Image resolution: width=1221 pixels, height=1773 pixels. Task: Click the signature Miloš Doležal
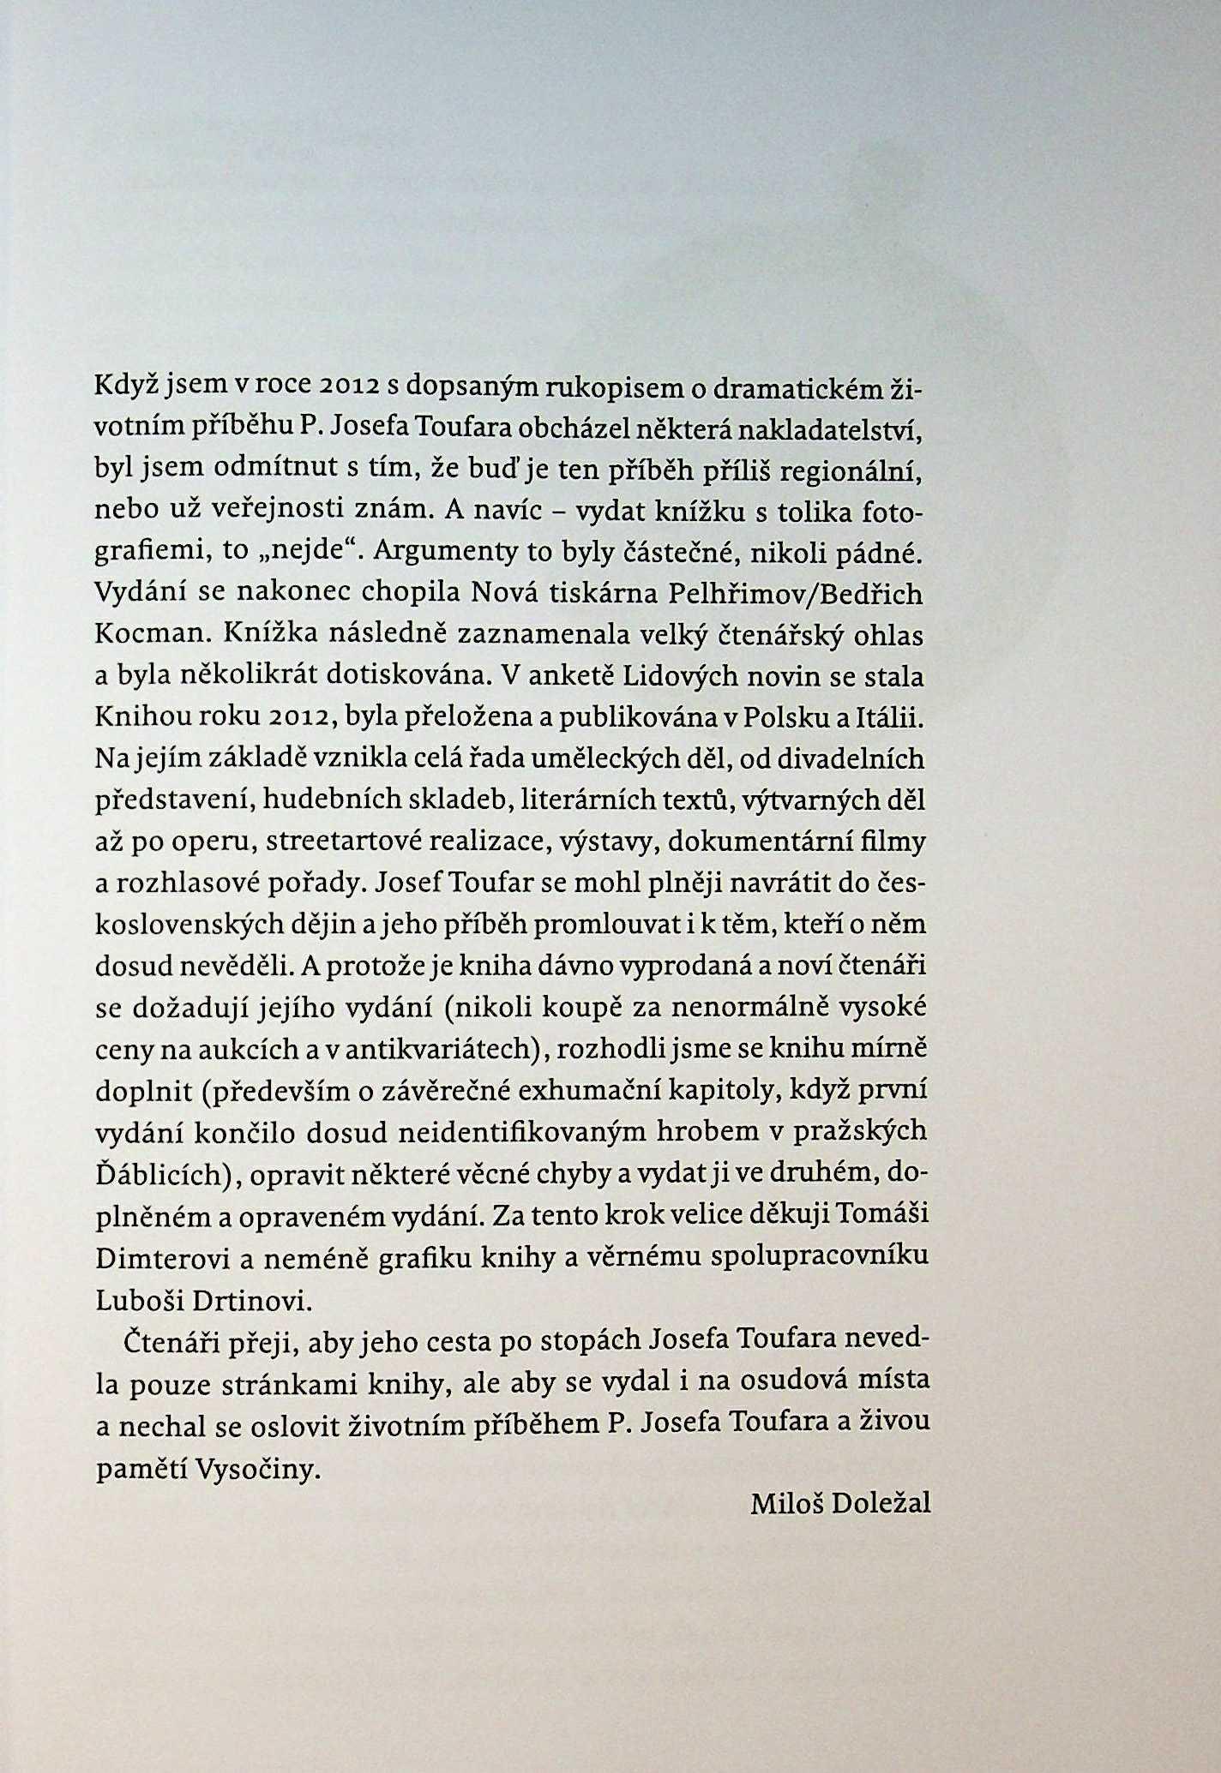click(839, 1503)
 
